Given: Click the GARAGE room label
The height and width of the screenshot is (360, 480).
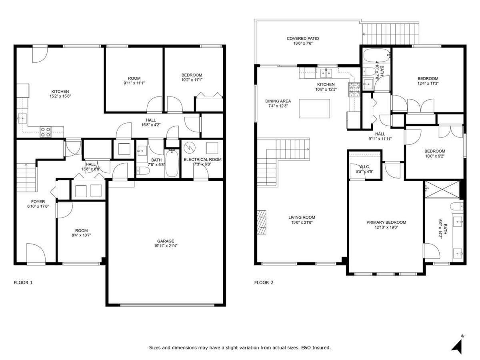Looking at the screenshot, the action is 166,241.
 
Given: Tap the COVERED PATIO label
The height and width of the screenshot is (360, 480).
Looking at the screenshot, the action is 303,38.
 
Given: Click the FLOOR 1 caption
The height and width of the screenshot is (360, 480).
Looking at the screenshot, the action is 23,283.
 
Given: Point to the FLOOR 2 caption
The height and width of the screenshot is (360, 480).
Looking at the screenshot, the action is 264,283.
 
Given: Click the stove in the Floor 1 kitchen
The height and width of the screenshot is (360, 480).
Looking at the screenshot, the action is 46,132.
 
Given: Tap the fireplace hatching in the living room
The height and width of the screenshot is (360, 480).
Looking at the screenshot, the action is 262,222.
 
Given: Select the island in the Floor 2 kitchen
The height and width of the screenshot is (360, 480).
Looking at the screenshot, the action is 314,108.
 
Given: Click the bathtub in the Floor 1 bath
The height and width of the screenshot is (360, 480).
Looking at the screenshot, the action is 172,163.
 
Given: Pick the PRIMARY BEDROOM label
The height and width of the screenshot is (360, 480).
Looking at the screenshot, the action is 386,222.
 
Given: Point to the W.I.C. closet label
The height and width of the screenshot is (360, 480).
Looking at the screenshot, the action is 364,167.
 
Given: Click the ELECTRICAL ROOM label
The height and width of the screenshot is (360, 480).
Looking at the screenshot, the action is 202,160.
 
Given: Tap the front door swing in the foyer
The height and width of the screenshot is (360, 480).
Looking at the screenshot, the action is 36,252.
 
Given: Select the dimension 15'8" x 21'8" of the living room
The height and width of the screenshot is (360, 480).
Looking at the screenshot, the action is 302,222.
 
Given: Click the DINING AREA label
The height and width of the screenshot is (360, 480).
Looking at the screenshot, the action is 278,101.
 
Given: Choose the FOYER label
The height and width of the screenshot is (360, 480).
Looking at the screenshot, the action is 38,202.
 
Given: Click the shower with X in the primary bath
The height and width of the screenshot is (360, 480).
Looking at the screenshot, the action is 442,189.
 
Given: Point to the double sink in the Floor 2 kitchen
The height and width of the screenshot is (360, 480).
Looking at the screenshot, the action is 326,73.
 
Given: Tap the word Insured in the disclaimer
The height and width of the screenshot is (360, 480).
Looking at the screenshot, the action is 321,348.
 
